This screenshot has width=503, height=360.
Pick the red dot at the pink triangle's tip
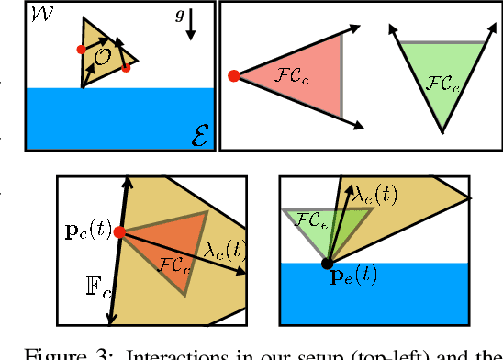[x=233, y=75]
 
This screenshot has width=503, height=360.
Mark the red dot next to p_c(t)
[x=119, y=232]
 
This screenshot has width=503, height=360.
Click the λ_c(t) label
[x=224, y=248]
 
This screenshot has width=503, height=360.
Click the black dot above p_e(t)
[x=327, y=264]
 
